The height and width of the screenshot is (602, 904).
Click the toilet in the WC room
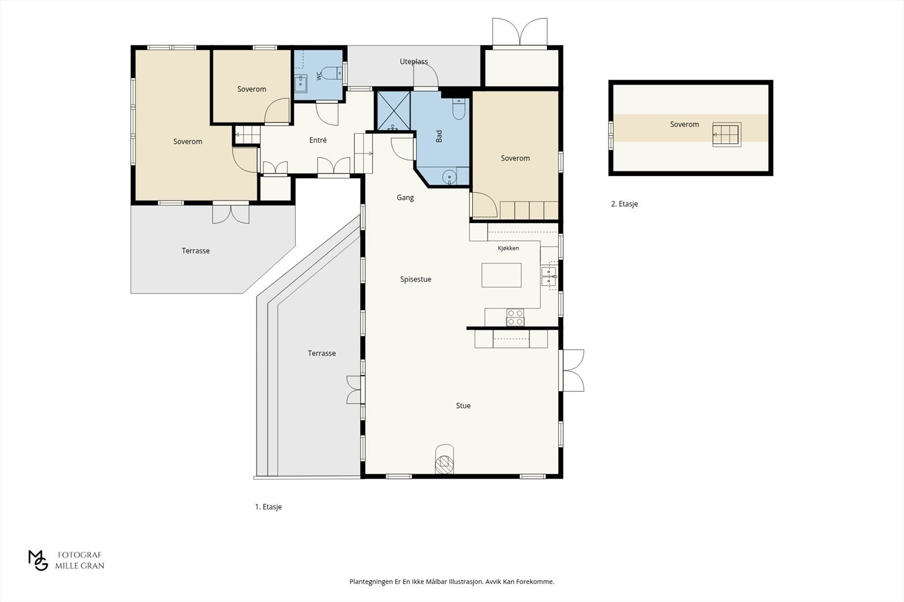tap(333, 73)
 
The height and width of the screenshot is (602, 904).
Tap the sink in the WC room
tap(300, 84)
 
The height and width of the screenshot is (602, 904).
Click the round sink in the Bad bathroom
tap(449, 177)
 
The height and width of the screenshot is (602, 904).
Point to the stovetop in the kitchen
tap(515, 317)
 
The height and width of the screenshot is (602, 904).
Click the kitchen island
tap(501, 275)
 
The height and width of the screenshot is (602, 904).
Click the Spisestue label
tap(416, 279)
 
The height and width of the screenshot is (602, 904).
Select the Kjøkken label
tap(508, 248)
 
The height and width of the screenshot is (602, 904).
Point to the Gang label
tap(405, 198)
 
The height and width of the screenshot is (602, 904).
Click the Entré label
tap(318, 140)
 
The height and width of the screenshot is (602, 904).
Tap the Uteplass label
tap(414, 62)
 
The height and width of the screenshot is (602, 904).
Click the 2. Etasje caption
tap(624, 204)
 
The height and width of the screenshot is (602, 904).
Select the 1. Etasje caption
tap(268, 507)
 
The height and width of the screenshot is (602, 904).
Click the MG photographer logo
tap(38, 560)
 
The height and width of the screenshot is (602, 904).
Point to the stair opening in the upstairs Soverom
tap(727, 134)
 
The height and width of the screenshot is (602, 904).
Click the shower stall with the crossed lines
tap(393, 111)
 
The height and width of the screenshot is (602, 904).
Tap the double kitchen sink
tap(549, 276)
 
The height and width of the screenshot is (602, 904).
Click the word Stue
tap(463, 406)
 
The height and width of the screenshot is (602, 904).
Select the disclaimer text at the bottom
tap(451, 582)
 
